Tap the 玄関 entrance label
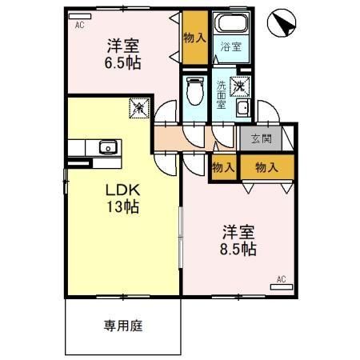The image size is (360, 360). (262, 140)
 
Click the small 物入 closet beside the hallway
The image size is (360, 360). (223, 167)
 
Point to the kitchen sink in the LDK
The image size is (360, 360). (106, 147)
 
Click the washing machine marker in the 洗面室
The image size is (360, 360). (239, 86)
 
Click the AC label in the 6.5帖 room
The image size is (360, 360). (79, 26)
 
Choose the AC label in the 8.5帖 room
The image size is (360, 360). (280, 278)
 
